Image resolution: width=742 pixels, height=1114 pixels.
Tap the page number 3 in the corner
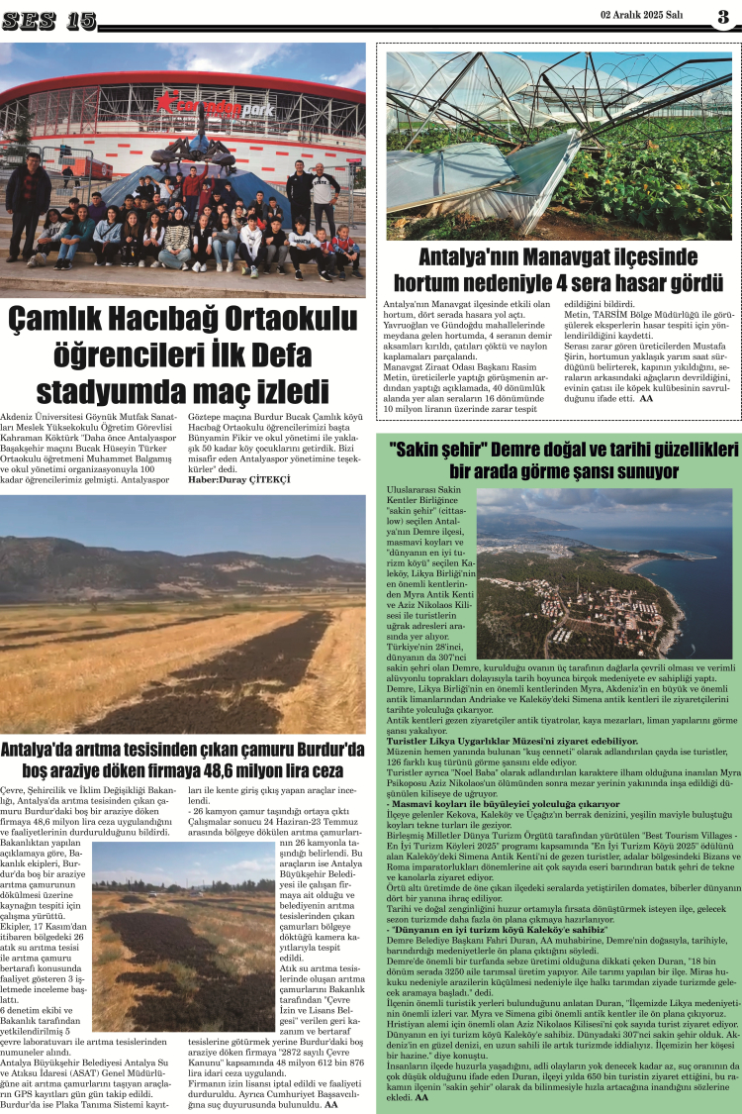[723, 16]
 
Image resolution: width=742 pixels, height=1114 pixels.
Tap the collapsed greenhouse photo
[559, 146]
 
